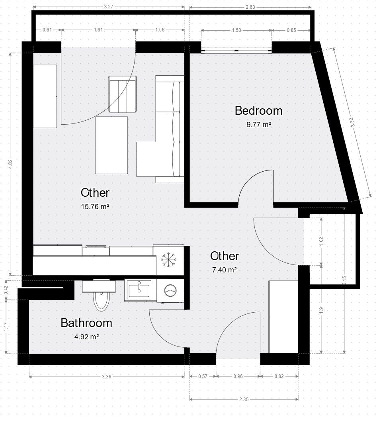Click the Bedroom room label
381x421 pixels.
[x=259, y=111]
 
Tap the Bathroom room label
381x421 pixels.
[x=86, y=323]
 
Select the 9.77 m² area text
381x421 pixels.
[x=259, y=125]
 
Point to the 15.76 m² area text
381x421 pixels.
[x=95, y=206]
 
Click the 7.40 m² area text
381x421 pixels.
[x=224, y=270]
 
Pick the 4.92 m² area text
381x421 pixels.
[x=86, y=337]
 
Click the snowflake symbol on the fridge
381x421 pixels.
[x=168, y=260]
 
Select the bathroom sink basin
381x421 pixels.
[x=139, y=290]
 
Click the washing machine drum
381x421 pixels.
[x=170, y=290]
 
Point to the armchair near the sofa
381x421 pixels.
[x=123, y=94]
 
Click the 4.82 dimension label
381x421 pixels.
[x=10, y=164]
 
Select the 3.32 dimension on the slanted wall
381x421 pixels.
[x=353, y=122]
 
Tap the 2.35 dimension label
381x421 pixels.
[x=244, y=399]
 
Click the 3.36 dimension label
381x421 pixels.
[x=107, y=377]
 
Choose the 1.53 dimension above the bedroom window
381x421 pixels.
[x=236, y=30]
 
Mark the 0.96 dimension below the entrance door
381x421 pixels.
[x=238, y=376]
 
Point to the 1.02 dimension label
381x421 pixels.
[x=321, y=241]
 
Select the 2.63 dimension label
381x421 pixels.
[x=250, y=7]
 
